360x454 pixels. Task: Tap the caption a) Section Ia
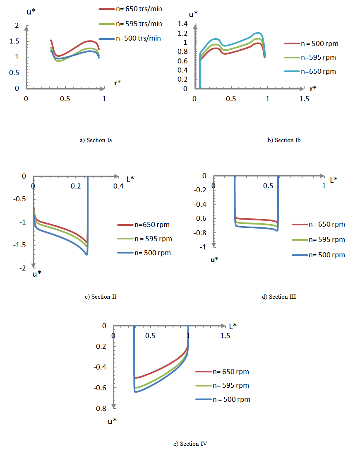[x=96, y=140]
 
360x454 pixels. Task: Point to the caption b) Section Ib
[x=284, y=140]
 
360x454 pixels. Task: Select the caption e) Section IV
[x=190, y=444]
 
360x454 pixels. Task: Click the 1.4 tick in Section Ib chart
[x=182, y=24]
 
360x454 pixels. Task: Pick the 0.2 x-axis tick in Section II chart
[x=76, y=186]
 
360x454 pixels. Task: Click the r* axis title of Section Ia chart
[x=118, y=82]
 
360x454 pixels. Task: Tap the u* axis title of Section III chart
[x=215, y=260]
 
